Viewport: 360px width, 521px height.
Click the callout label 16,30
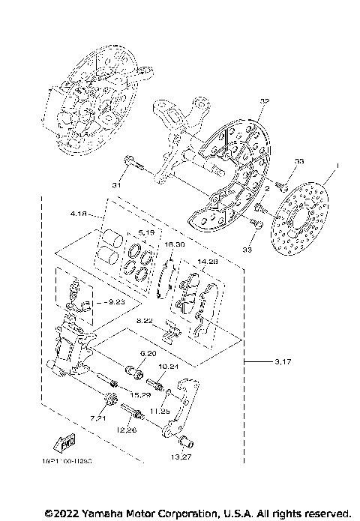[x=174, y=245]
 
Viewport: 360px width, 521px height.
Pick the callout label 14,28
[x=207, y=262]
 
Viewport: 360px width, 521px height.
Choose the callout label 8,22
[x=145, y=321]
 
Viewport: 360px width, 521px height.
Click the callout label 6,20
[x=148, y=353]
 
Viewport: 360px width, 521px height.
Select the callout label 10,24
[x=168, y=367]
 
